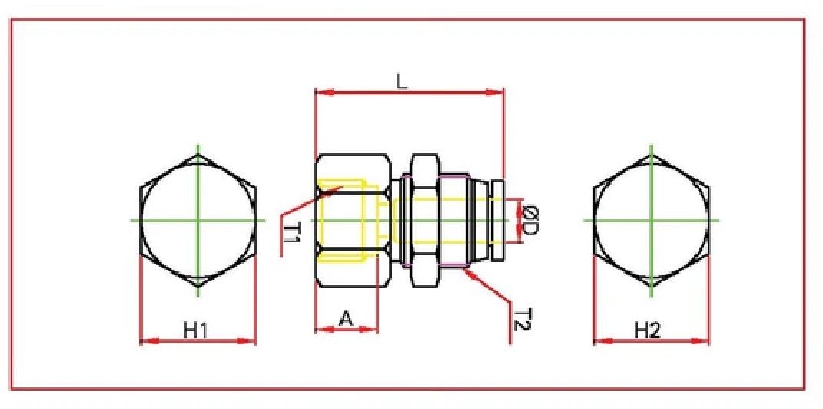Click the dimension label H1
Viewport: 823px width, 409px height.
click(196, 330)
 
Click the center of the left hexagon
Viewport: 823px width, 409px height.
click(197, 221)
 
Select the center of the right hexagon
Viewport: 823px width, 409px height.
click(652, 221)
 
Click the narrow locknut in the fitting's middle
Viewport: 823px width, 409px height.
click(420, 221)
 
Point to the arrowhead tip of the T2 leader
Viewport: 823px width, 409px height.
click(465, 267)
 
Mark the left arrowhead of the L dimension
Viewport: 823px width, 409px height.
click(317, 93)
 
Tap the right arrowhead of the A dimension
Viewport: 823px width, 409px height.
click(377, 330)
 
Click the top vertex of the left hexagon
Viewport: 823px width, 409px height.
click(197, 155)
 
